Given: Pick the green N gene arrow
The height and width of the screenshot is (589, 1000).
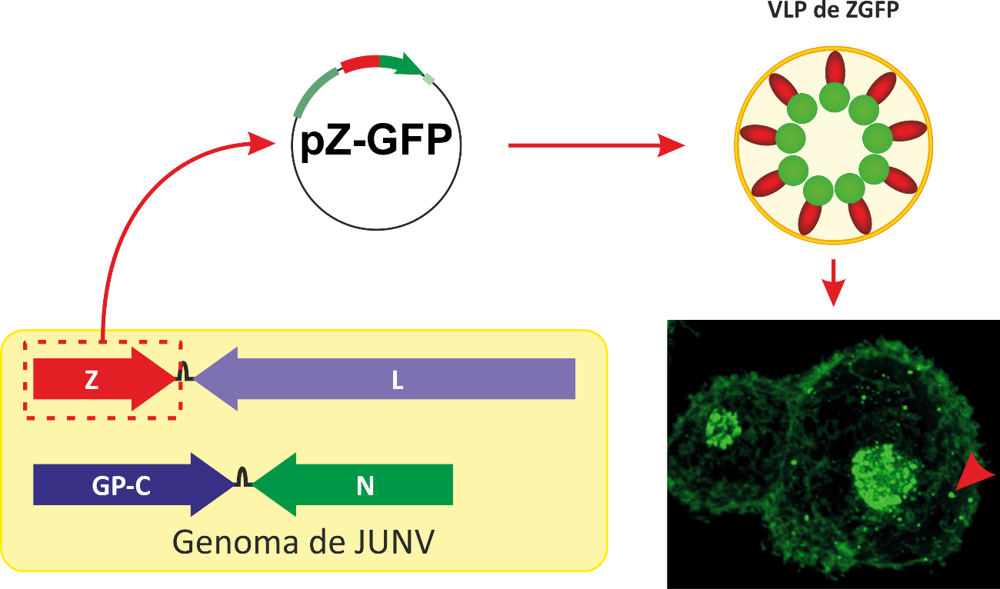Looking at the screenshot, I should pos(362,484).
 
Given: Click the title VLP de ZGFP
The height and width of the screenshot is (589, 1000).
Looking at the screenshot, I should pos(832,11).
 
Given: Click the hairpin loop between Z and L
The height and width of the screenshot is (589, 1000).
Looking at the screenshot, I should pos(185,373).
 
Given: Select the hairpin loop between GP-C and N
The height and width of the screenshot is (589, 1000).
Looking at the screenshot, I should pos(243,478).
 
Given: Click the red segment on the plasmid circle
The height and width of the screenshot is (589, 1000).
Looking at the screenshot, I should pos(360,63).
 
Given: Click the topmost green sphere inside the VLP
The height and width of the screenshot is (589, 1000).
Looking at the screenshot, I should pos(834,98).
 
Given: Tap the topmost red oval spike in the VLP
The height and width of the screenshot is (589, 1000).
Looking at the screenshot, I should pos(835,68).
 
